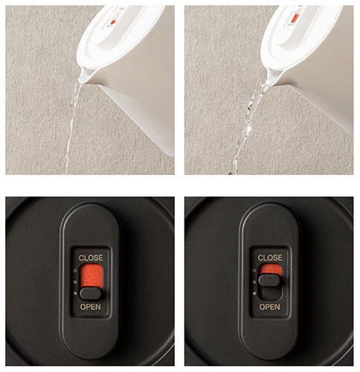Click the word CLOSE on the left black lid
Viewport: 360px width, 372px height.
91,258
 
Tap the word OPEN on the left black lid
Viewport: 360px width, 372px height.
91,307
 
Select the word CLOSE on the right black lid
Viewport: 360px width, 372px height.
270,258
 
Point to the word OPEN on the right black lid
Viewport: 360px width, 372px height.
270,307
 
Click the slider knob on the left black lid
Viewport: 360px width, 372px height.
91,294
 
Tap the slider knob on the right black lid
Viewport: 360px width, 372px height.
269,280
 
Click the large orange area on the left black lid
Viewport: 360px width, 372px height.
91,276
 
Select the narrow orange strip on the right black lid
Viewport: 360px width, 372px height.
270,269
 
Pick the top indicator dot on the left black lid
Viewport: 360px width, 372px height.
75,271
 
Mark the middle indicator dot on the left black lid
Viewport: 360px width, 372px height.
75,282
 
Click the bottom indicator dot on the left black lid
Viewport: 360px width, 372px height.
75,294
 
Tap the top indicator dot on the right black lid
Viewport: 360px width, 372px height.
254,271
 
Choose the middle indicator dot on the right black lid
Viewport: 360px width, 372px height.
254,282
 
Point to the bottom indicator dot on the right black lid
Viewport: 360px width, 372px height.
254,294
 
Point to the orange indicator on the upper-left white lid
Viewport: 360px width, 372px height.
113,22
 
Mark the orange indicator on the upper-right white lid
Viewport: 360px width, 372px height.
295,18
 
